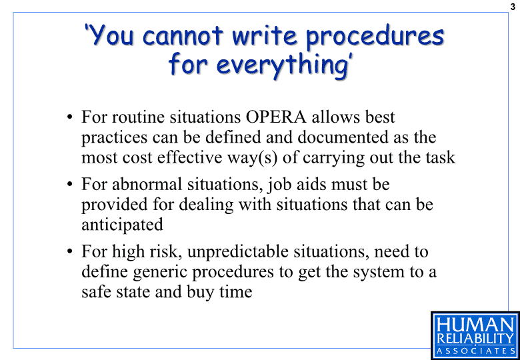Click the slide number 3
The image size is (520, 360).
(x=513, y=7)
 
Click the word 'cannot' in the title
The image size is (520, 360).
(x=183, y=35)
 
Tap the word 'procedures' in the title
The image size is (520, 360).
(x=375, y=38)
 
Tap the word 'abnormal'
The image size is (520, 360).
(x=147, y=184)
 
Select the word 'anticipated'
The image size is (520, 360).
(x=123, y=225)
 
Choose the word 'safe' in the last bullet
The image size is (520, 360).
(x=95, y=292)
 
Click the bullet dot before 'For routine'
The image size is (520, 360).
(x=69, y=118)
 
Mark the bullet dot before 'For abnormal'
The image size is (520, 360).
(x=69, y=185)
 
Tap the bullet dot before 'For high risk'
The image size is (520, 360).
(x=69, y=251)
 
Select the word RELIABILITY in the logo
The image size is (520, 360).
(x=476, y=339)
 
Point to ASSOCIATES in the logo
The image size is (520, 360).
(x=476, y=351)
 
